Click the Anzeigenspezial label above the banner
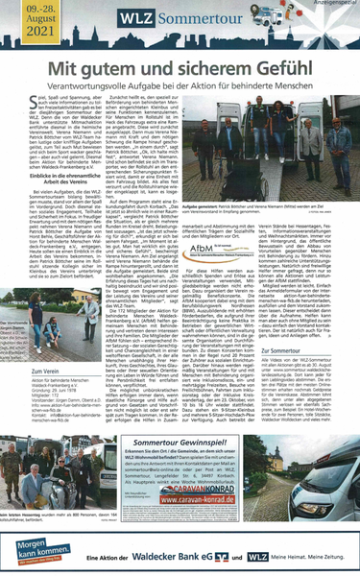click(332, 3)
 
